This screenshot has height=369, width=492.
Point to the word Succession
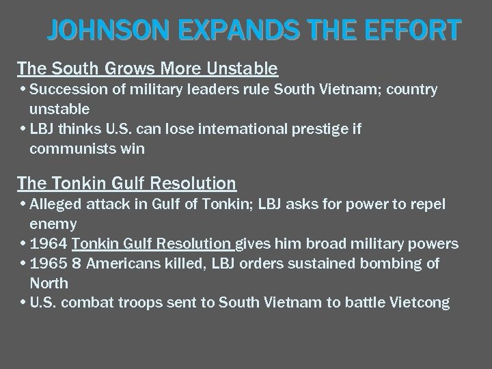[x=65, y=90]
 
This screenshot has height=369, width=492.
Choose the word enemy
[x=53, y=224]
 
